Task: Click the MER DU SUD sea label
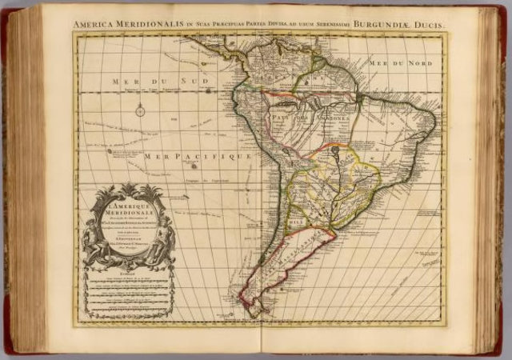[x=140, y=82]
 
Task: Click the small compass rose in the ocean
[x=140, y=110]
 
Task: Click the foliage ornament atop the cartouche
[x=130, y=190]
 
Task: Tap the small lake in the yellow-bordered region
[x=337, y=150]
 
